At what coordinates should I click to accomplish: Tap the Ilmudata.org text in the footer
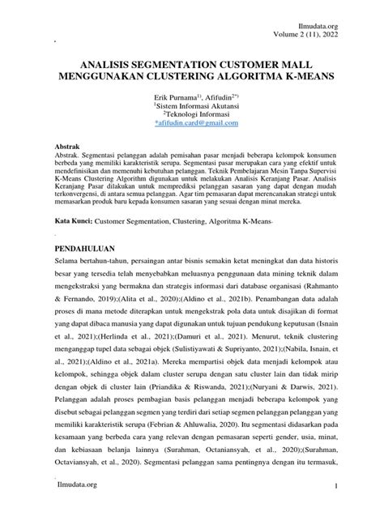[x=77, y=484]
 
